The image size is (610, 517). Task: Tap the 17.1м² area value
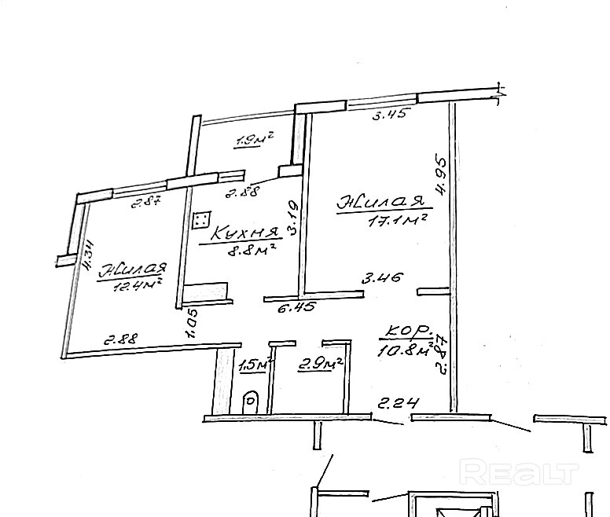tap(397, 221)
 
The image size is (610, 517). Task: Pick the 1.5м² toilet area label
tap(254, 365)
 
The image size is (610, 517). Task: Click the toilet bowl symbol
tap(251, 401)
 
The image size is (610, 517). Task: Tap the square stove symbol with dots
tap(202, 221)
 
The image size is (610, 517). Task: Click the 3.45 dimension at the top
tap(389, 116)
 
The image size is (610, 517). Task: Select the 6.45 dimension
tap(298, 308)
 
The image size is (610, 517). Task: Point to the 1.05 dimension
tap(191, 322)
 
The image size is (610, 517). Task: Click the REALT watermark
tap(519, 473)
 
